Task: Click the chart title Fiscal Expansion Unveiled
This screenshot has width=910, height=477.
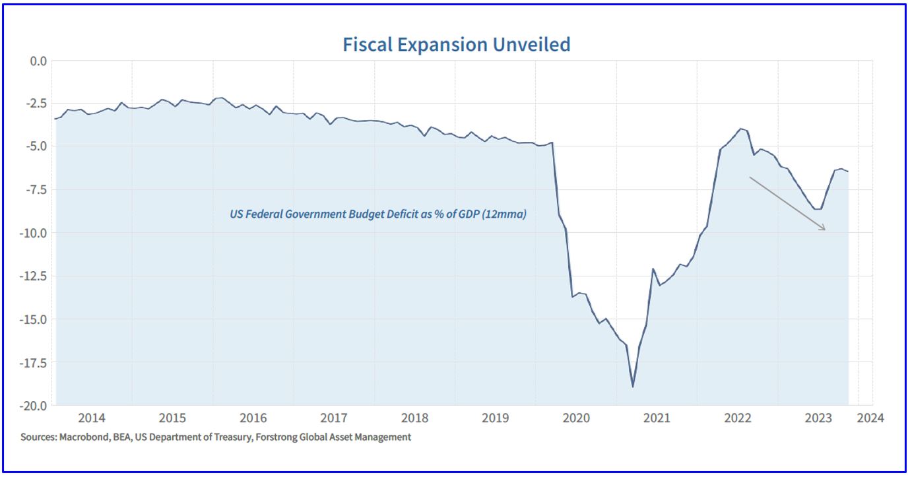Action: (x=456, y=44)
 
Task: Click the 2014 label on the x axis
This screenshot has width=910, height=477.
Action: (x=92, y=418)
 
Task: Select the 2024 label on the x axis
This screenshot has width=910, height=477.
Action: (x=870, y=418)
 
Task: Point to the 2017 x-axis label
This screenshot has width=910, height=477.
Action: (x=334, y=418)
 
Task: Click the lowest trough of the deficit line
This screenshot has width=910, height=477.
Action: (x=633, y=387)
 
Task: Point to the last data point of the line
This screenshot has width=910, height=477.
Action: (x=848, y=172)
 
